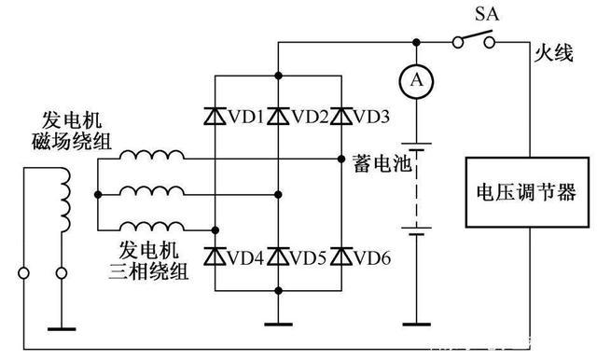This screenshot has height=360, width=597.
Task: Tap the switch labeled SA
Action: pyautogui.click(x=474, y=41)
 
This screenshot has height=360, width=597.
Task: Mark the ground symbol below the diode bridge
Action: pyautogui.click(x=278, y=323)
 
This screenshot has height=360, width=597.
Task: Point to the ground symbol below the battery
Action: pyautogui.click(x=415, y=323)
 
